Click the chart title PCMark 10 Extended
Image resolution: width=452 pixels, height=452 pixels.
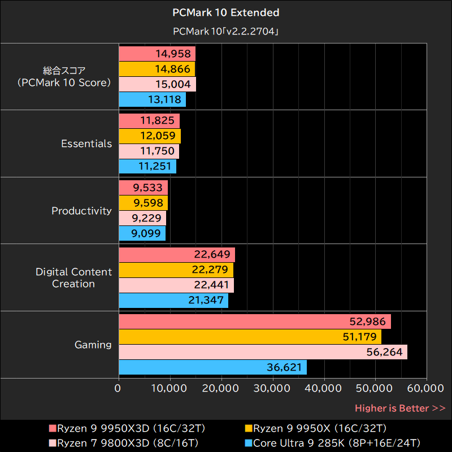225,12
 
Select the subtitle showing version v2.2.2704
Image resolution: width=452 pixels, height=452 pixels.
225,32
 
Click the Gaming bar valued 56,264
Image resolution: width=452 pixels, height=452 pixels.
263,353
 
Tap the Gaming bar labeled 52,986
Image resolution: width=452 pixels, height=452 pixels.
255,322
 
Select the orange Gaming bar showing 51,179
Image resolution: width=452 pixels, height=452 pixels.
250,337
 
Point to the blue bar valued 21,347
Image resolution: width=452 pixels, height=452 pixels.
173,301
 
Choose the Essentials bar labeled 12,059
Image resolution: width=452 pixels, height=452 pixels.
150,136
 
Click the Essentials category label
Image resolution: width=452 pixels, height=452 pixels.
86,144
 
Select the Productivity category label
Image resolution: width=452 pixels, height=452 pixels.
82,211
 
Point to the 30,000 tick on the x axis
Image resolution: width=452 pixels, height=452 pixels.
273,389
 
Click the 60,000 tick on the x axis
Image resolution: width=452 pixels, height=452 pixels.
426,389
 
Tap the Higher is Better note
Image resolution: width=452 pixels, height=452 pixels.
399,408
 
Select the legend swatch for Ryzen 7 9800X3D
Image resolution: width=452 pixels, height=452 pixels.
53,443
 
